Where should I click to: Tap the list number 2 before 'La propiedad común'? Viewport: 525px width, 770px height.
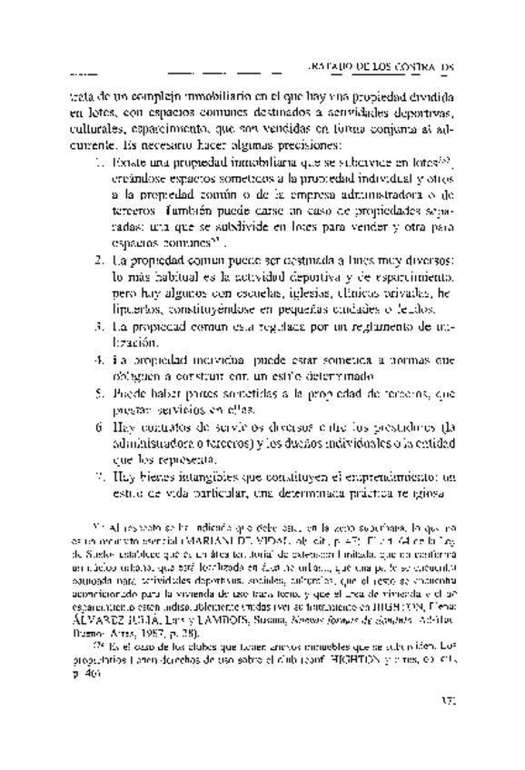100,262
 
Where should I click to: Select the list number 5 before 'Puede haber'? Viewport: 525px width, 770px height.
100,395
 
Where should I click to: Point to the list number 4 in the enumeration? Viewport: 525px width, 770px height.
100,360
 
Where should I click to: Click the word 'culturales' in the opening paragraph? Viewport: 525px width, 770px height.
96,127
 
